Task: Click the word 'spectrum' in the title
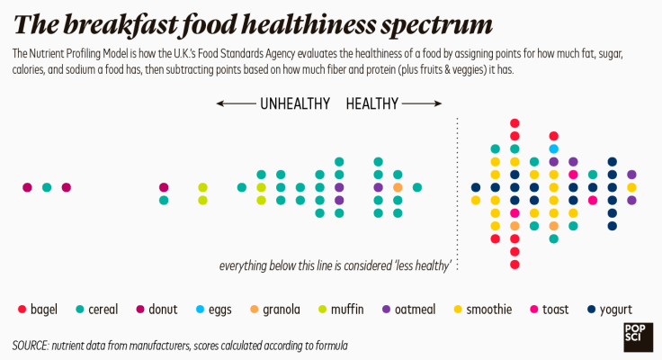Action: click(x=432, y=24)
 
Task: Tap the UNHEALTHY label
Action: click(x=295, y=103)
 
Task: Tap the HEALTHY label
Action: click(x=371, y=103)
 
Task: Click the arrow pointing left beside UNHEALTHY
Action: click(x=236, y=103)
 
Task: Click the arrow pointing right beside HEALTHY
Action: click(x=421, y=103)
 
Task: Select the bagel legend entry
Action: click(x=37, y=310)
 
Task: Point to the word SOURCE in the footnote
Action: click(x=30, y=345)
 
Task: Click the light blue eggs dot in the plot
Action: click(x=553, y=148)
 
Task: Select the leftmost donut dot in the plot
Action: click(x=27, y=187)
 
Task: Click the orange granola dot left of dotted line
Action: click(x=398, y=187)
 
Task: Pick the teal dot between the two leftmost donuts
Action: click(x=47, y=187)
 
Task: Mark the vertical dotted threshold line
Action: click(x=458, y=193)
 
